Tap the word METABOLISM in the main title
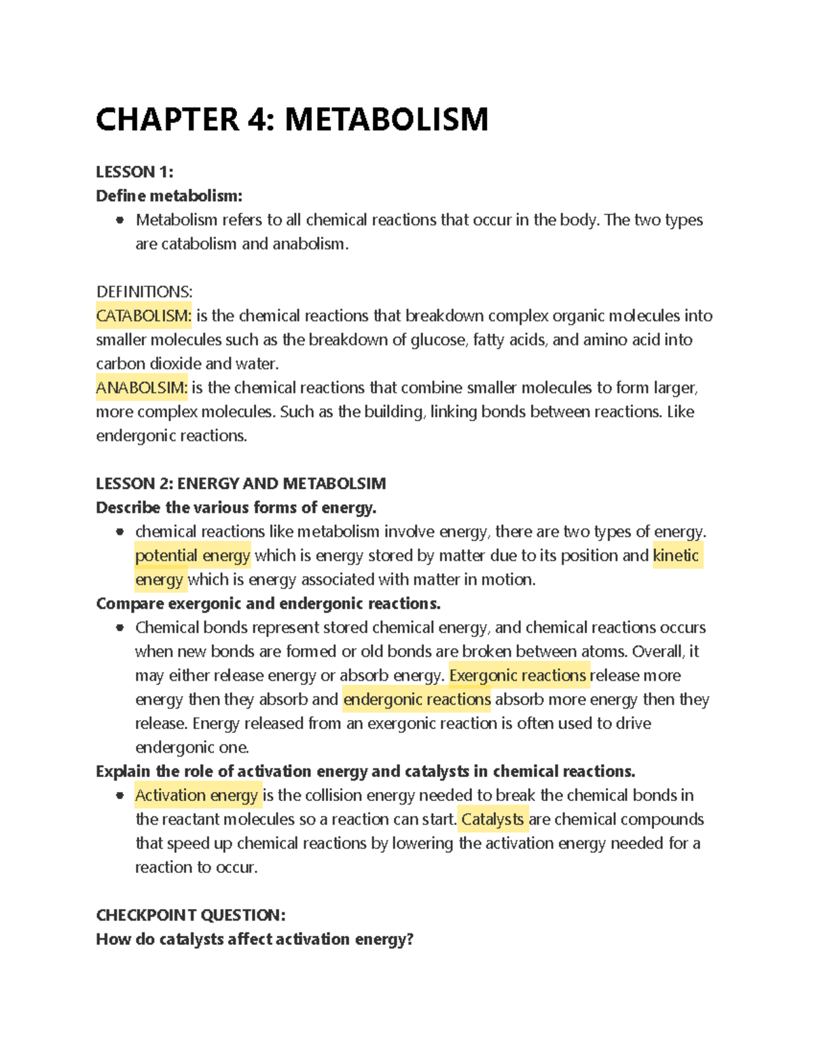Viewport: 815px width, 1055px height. [x=386, y=120]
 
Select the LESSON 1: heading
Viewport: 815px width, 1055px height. [x=134, y=172]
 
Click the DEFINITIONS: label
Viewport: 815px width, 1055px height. [x=144, y=291]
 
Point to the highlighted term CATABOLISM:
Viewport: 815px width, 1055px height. [x=144, y=316]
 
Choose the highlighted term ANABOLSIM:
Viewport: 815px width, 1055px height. [x=141, y=388]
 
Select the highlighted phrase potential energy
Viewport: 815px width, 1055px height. [x=193, y=556]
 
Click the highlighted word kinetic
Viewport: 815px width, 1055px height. [x=676, y=556]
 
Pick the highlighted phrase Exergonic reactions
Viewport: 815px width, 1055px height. [x=518, y=675]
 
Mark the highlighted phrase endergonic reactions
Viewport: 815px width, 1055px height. [x=416, y=700]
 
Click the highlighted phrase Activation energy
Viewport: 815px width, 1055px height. [x=197, y=795]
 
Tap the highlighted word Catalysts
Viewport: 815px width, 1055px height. [x=492, y=819]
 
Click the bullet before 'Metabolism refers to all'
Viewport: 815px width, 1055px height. [x=120, y=220]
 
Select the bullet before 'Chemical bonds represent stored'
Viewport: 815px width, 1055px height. [x=120, y=628]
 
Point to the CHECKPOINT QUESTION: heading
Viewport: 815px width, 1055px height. [x=190, y=915]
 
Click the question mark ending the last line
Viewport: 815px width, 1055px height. [x=410, y=940]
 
